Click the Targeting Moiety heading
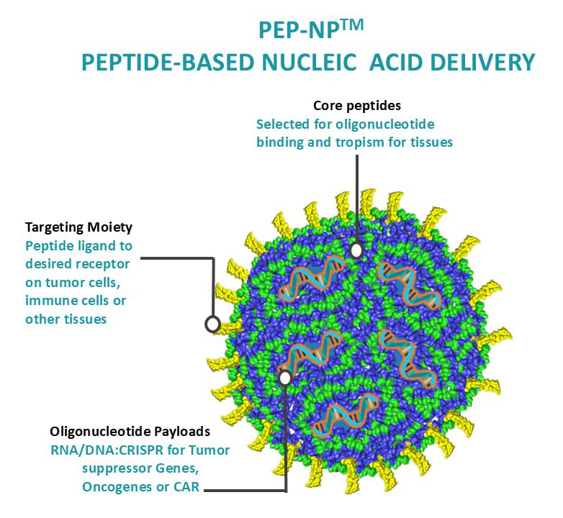[78, 227]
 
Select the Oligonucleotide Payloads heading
[130, 432]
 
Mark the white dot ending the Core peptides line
[356, 250]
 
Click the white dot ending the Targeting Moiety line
[212, 324]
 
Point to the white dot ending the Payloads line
[286, 378]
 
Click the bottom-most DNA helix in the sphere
[345, 414]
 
